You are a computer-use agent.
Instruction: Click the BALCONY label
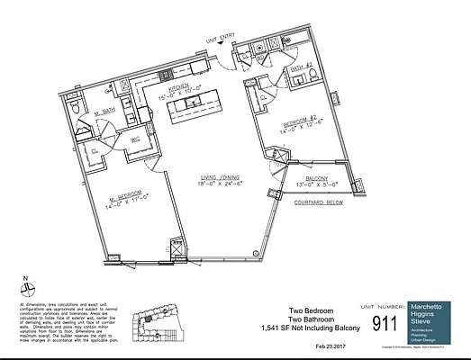point(316,179)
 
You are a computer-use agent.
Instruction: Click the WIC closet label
point(136,141)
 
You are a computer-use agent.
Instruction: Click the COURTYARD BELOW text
point(322,203)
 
